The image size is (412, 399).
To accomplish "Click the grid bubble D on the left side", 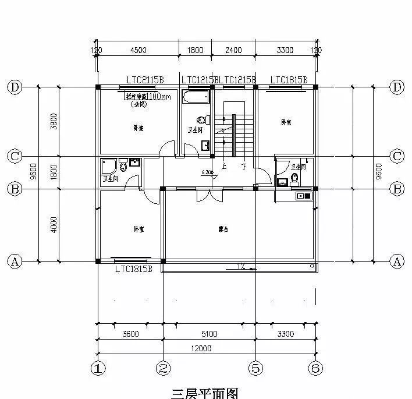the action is [15, 87].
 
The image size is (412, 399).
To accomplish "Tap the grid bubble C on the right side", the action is [397, 157].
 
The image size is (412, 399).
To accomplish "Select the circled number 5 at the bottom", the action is [257, 368].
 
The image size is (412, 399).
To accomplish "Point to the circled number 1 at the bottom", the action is [98, 368].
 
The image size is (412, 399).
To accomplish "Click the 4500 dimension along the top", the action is [138, 51].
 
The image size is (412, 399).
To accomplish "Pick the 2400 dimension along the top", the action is [233, 51].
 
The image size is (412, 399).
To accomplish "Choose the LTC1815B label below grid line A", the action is [133, 269].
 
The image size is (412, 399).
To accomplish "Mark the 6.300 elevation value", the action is [208, 172].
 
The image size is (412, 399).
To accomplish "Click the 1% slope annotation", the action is [240, 267].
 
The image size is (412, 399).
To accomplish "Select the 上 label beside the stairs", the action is [224, 166].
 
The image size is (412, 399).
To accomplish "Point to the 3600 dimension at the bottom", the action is [130, 334].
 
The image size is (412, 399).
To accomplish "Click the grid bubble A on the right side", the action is [397, 262].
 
